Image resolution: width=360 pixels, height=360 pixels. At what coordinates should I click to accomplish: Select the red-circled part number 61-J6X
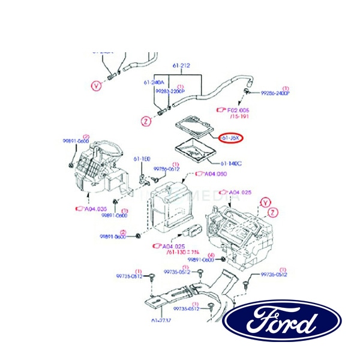pyautogui.click(x=230, y=137)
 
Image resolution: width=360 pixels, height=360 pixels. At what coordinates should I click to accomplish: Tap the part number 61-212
pyautogui.click(x=181, y=65)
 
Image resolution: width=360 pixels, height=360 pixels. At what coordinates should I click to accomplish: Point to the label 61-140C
pyautogui.click(x=231, y=163)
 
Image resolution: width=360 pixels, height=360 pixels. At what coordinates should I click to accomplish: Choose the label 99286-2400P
pyautogui.click(x=275, y=94)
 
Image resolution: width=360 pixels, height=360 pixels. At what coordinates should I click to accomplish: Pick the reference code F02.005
pyautogui.click(x=236, y=110)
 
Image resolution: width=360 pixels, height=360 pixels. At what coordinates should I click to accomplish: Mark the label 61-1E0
pyautogui.click(x=142, y=159)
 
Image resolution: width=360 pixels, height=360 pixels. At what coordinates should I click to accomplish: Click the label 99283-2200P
pyautogui.click(x=170, y=91)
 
